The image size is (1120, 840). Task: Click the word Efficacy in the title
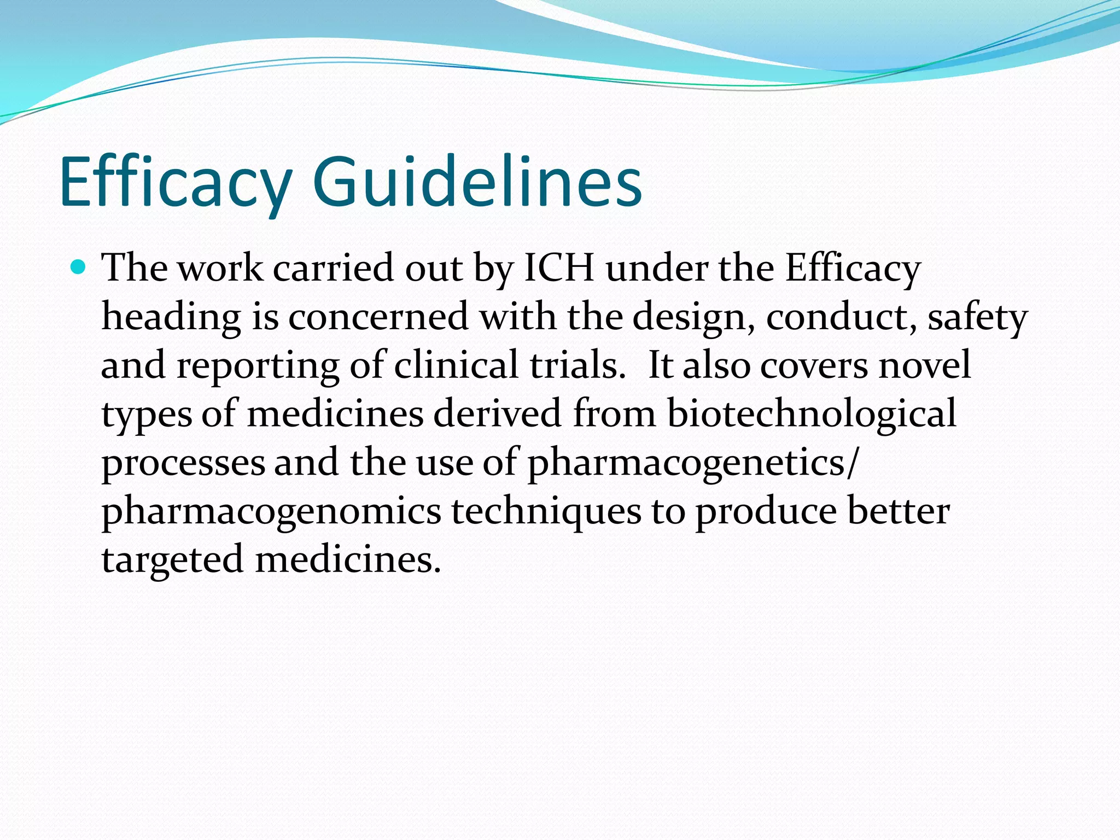coord(175,183)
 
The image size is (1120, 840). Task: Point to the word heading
coord(171,318)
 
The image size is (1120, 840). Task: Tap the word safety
coord(978,318)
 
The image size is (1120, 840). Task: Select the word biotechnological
coord(812,415)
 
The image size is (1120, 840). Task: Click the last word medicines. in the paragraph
coord(348,560)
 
